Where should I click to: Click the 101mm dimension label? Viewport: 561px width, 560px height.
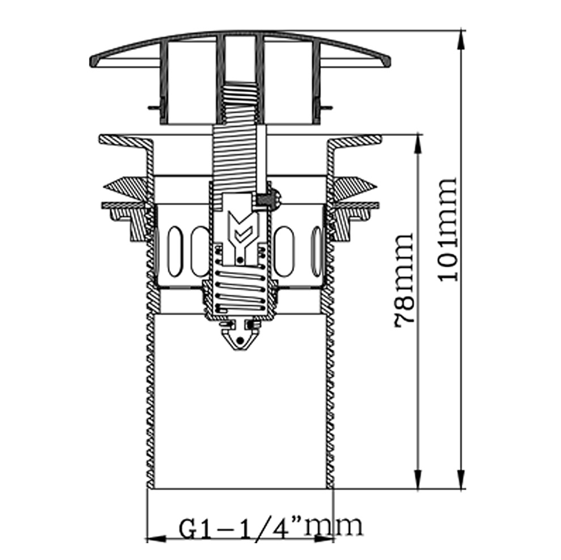coord(448,229)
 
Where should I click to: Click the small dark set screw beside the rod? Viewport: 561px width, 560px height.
coord(263,200)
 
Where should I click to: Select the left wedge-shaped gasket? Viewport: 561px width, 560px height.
coord(125,186)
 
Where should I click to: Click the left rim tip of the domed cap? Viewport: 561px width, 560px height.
coord(94,60)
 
